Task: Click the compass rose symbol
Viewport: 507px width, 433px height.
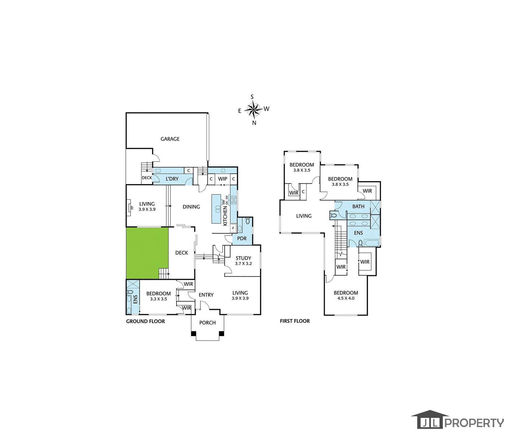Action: click(254, 109)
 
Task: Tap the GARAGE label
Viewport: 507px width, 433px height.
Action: click(170, 139)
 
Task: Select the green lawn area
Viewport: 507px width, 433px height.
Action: click(147, 253)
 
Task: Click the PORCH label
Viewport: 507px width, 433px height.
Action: click(207, 323)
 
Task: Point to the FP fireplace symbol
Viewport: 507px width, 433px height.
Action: click(130, 207)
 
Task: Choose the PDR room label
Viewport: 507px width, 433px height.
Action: click(242, 239)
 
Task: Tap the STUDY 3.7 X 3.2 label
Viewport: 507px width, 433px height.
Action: click(243, 261)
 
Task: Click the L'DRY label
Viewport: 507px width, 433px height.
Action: click(172, 179)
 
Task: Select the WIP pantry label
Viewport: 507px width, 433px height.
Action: click(222, 179)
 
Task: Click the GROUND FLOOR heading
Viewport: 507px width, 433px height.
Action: click(145, 321)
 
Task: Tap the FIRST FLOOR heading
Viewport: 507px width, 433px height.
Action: click(295, 321)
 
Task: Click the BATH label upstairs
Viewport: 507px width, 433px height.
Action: click(358, 207)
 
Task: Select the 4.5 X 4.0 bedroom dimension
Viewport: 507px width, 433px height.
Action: click(346, 298)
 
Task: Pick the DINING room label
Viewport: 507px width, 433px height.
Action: click(191, 207)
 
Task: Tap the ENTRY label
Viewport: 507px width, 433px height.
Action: click(206, 295)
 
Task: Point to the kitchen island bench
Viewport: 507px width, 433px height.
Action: click(217, 209)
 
